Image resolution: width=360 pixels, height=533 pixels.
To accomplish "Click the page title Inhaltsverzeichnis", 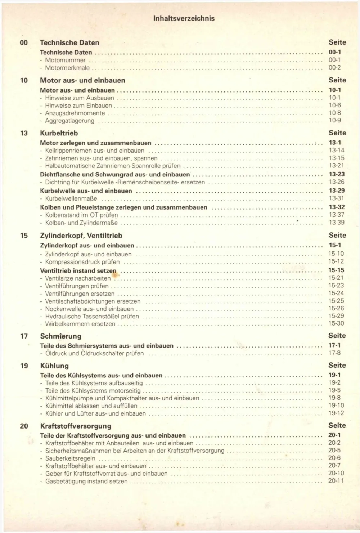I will pyautogui.click(x=184, y=18).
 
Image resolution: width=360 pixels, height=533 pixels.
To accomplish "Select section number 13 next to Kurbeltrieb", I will pyautogui.click(x=24, y=133).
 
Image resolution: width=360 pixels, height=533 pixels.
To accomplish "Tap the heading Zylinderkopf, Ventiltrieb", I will pyautogui.click(x=81, y=236).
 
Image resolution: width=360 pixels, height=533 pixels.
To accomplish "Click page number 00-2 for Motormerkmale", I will pyautogui.click(x=334, y=67).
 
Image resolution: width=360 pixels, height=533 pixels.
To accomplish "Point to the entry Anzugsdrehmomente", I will pyautogui.click(x=75, y=113).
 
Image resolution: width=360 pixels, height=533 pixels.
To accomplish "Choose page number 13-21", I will pyautogui.click(x=336, y=166).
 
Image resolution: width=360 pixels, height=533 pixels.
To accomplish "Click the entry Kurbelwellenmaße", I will pyautogui.click(x=71, y=199).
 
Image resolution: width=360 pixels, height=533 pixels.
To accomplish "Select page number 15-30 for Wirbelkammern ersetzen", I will pyautogui.click(x=336, y=323).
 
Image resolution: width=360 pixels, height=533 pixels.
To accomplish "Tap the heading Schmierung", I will pyautogui.click(x=60, y=336).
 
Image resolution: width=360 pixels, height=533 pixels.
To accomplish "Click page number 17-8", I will pyautogui.click(x=334, y=353).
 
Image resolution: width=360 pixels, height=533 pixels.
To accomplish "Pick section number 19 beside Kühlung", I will pyautogui.click(x=24, y=366).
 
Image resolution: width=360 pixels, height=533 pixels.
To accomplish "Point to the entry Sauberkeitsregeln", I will pyautogui.click(x=70, y=458).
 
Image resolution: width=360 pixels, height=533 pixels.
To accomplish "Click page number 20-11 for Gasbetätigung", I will pyautogui.click(x=336, y=481).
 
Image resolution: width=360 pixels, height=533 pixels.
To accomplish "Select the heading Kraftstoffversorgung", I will pyautogui.click(x=76, y=426).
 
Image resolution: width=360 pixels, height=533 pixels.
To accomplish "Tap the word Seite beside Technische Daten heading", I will pyautogui.click(x=337, y=42).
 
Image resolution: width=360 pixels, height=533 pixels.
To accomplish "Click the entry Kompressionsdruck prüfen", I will pyautogui.click(x=82, y=262).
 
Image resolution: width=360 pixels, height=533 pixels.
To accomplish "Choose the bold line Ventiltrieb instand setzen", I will pyautogui.click(x=78, y=271).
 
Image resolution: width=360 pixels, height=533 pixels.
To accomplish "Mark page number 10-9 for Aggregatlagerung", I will pyautogui.click(x=334, y=121).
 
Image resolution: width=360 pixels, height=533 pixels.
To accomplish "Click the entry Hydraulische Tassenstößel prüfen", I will pyautogui.click(x=92, y=317).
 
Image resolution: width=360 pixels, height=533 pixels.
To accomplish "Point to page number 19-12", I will pyautogui.click(x=336, y=413).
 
